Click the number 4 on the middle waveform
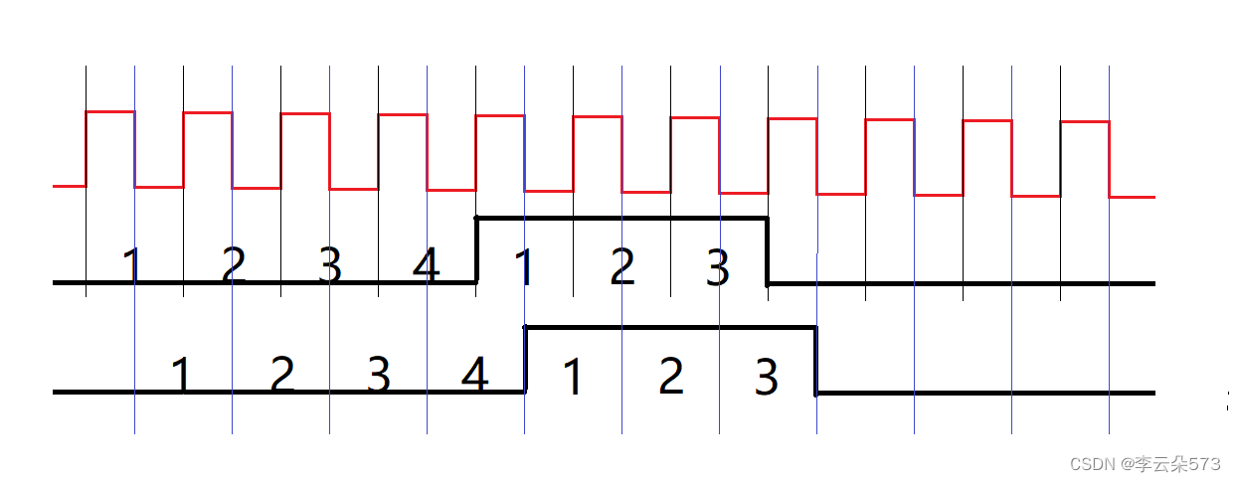click(x=426, y=265)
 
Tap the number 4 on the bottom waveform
click(x=475, y=375)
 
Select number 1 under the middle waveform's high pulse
click(x=523, y=266)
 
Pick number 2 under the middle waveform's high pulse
click(x=621, y=266)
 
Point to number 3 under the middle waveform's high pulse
click(x=718, y=266)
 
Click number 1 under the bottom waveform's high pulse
click(x=572, y=377)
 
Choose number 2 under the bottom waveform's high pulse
click(x=671, y=377)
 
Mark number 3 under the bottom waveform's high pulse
click(x=766, y=377)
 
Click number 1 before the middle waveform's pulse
click(x=132, y=265)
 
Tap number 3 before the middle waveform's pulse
click(x=329, y=265)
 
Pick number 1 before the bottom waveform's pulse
click(x=181, y=375)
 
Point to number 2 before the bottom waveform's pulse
click(x=282, y=375)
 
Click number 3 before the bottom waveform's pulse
click(x=378, y=375)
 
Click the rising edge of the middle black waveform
click(x=477, y=249)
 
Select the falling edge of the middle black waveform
click(x=767, y=250)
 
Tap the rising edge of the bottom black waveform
click(x=525, y=359)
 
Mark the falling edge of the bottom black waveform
click(x=815, y=360)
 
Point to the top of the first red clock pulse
click(x=109, y=111)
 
